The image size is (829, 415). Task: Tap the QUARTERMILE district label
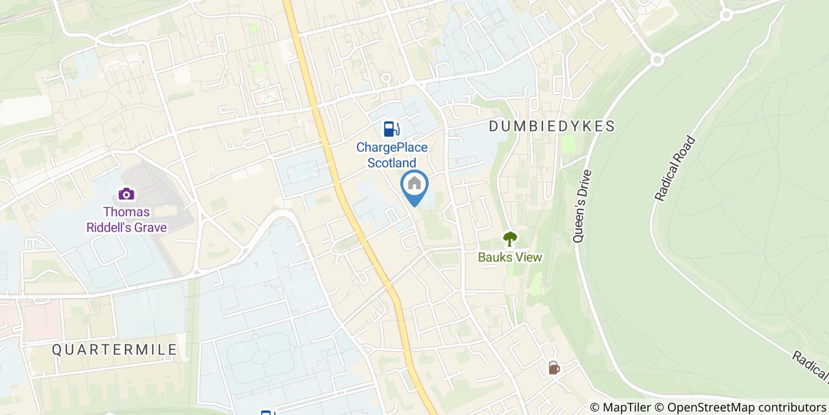(114, 349)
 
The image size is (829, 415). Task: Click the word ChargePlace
(391, 148)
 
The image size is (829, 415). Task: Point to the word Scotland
(391, 162)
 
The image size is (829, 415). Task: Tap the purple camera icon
(126, 194)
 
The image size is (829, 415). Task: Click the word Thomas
(126, 212)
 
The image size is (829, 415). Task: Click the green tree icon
(510, 239)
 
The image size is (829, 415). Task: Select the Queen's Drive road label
(583, 206)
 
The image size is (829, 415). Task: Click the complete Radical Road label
(674, 168)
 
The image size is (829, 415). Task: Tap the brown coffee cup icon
(554, 368)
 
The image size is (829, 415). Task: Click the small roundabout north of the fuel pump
(386, 78)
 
